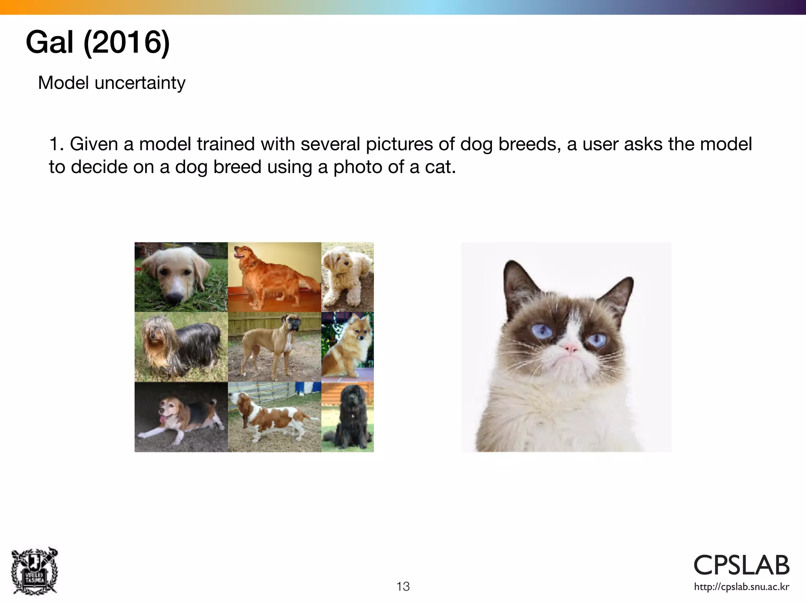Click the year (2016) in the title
click(x=127, y=42)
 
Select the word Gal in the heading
click(x=50, y=42)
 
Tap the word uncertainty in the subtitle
click(x=140, y=83)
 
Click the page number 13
click(x=403, y=586)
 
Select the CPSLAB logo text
click(x=741, y=565)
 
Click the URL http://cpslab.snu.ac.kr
click(x=741, y=587)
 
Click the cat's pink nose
click(x=570, y=348)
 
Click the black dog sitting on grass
click(x=348, y=419)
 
